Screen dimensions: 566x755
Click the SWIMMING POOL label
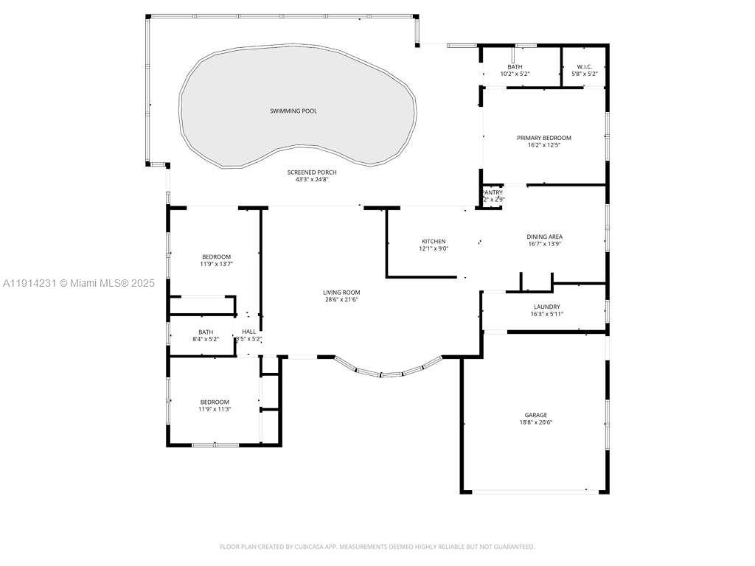pyautogui.click(x=293, y=111)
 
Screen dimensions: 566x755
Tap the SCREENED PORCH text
pyautogui.click(x=311, y=172)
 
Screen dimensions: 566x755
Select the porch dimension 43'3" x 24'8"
pyautogui.click(x=311, y=180)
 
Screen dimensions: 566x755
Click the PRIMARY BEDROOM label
pyautogui.click(x=543, y=138)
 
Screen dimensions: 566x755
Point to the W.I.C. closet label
pyautogui.click(x=584, y=67)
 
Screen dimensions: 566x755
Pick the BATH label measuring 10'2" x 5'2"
pyautogui.click(x=515, y=67)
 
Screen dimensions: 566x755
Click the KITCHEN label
pyautogui.click(x=434, y=242)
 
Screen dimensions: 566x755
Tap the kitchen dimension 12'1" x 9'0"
pyautogui.click(x=434, y=249)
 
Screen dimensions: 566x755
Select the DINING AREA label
pyautogui.click(x=545, y=237)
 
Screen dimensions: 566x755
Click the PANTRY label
pyautogui.click(x=493, y=192)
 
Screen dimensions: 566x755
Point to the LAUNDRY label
pyautogui.click(x=546, y=307)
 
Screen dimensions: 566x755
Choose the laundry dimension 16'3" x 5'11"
pyautogui.click(x=546, y=314)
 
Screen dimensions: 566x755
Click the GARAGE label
pyautogui.click(x=535, y=415)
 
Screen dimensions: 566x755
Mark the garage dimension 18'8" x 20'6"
pyautogui.click(x=535, y=422)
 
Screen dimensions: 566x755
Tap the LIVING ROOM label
pyautogui.click(x=341, y=293)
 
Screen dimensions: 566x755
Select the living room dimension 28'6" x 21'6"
pyautogui.click(x=341, y=300)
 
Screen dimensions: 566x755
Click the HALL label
pyautogui.click(x=248, y=332)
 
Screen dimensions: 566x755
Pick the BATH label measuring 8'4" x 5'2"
pyautogui.click(x=205, y=332)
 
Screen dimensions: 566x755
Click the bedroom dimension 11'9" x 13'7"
pyautogui.click(x=216, y=264)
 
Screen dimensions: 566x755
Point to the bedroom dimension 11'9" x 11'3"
pyautogui.click(x=213, y=409)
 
